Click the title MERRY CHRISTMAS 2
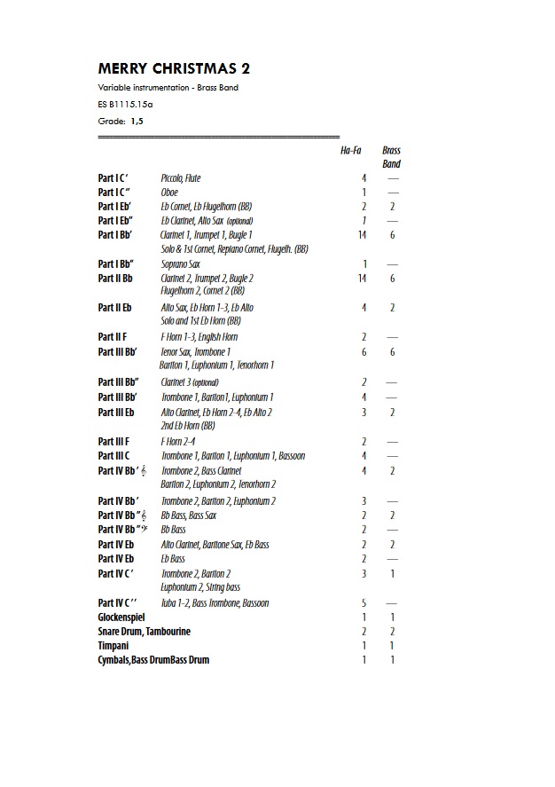pos(180,68)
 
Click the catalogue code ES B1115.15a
pos(126,104)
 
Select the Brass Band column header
pos(391,157)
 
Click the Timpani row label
pos(113,645)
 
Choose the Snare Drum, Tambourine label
pos(145,631)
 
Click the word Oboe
pos(169,193)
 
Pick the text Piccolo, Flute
pos(181,178)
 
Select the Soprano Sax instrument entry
pos(180,264)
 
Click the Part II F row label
pos(113,337)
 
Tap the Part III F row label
pos(113,441)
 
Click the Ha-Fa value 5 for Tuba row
pos(363,602)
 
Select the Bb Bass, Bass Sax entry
pos(188,515)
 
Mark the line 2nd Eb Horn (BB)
pos(188,426)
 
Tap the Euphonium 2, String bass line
pos(200,587)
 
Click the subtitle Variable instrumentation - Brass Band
pos(168,88)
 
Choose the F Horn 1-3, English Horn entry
pos(199,337)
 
